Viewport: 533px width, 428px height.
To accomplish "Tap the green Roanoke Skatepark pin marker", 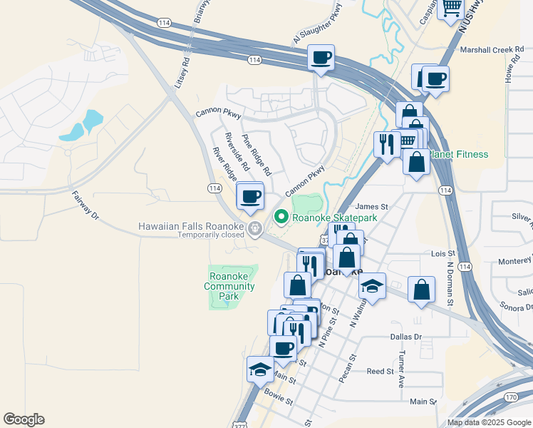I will tap(281, 216).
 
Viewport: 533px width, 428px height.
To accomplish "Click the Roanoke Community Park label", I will tap(229, 286).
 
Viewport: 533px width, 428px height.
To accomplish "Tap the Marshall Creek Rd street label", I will tap(492, 50).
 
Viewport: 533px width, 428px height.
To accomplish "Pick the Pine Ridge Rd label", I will tap(257, 155).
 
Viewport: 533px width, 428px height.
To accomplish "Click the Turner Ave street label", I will tap(402, 367).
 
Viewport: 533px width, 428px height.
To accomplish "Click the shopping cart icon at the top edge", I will tap(450, 8).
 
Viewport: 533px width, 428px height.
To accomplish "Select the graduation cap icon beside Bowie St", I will tap(260, 369).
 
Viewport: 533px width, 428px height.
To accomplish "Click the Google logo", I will tap(24, 419).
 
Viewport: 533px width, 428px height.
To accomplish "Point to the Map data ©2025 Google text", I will tap(489, 422).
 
